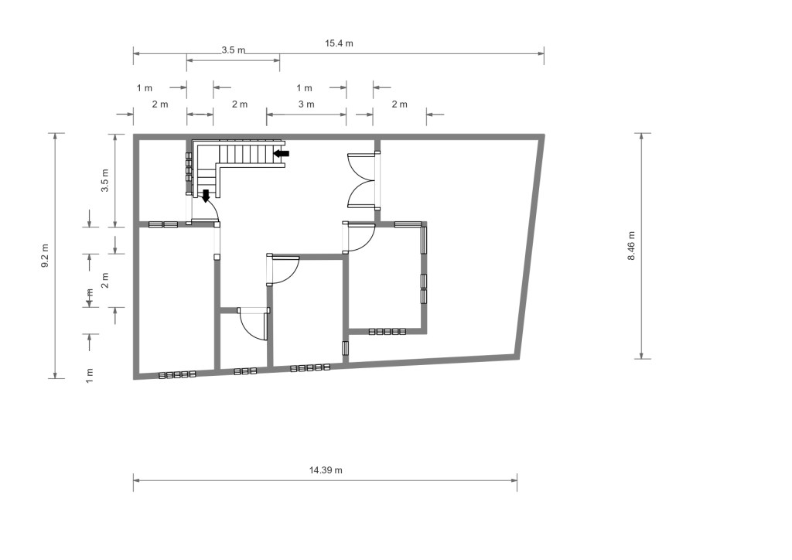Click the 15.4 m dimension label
tap(339, 43)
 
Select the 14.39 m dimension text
tap(326, 470)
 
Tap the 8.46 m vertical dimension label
tap(631, 246)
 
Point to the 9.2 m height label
tap(45, 255)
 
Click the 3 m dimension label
tap(306, 104)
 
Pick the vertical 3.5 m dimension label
tap(105, 180)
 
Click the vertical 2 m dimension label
tap(105, 280)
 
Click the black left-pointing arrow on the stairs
tap(282, 153)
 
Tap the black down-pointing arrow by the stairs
tap(206, 196)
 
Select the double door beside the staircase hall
tap(361, 180)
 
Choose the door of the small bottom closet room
tap(253, 326)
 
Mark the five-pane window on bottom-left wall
tap(177, 374)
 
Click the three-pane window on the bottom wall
tap(245, 371)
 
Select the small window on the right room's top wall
tap(408, 225)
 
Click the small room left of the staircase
tap(162, 180)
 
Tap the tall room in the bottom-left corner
tap(176, 299)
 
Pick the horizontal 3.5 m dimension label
tap(234, 50)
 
